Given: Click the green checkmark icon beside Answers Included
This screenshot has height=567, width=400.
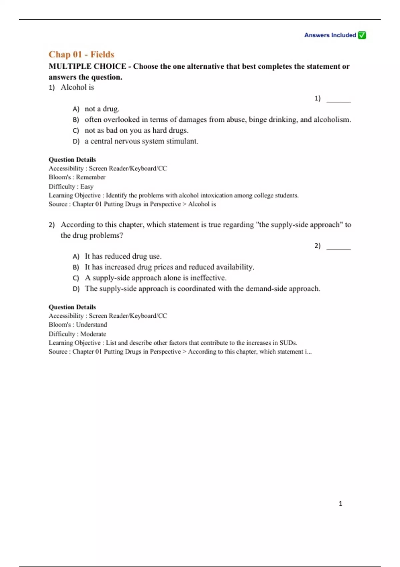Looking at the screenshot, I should coord(362,35).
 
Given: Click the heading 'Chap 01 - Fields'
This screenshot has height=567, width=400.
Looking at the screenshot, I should coord(81,54).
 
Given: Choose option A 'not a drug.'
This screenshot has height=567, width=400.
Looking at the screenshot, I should coord(102,109).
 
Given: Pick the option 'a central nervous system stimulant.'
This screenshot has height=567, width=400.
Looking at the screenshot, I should coord(141,141).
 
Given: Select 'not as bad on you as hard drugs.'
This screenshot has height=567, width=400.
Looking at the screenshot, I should coord(136,130).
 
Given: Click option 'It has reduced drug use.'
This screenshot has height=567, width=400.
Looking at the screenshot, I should coord(123,256).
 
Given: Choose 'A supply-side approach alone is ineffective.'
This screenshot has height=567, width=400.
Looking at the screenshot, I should coord(155,278).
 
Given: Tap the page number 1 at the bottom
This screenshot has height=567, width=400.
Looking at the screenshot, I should coord(340,504).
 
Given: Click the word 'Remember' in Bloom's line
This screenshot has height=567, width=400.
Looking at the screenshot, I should coord(91,177).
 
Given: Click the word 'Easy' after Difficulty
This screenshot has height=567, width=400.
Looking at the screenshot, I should coord(87,186).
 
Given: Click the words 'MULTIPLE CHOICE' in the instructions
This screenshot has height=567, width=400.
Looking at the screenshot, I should coord(87,66).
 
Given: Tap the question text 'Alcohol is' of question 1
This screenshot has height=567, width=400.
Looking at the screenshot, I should coord(77,87).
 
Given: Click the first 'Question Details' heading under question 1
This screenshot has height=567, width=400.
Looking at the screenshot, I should coord(72,159).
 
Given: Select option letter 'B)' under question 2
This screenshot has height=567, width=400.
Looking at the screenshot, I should coord(76,267).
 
